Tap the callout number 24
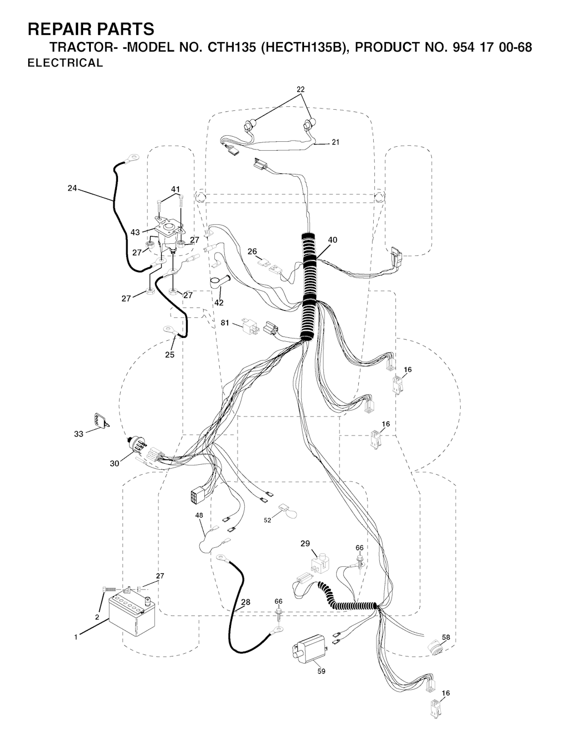click(x=73, y=188)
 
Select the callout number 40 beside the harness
click(x=332, y=240)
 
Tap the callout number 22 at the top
click(x=301, y=89)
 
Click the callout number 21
click(x=336, y=142)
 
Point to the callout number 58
click(x=446, y=638)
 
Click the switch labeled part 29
click(x=318, y=563)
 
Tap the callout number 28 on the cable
click(x=245, y=602)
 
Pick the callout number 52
click(x=268, y=520)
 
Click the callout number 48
click(x=199, y=515)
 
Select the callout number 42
click(x=219, y=302)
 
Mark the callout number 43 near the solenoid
click(x=135, y=233)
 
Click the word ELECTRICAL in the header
click(x=65, y=63)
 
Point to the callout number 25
click(x=169, y=355)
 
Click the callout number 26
click(x=252, y=252)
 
